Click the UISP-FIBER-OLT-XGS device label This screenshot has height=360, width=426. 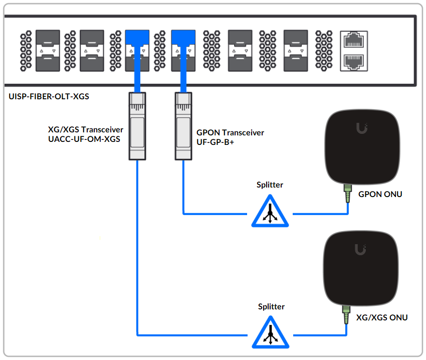[49, 96]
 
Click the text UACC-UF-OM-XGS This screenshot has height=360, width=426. [84, 139]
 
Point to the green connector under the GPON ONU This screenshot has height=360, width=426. [347, 194]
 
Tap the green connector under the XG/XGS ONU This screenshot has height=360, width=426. [345, 316]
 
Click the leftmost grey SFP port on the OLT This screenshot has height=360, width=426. [47, 50]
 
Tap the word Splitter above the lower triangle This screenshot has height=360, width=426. [271, 306]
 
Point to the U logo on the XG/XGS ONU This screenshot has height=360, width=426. [359, 249]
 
